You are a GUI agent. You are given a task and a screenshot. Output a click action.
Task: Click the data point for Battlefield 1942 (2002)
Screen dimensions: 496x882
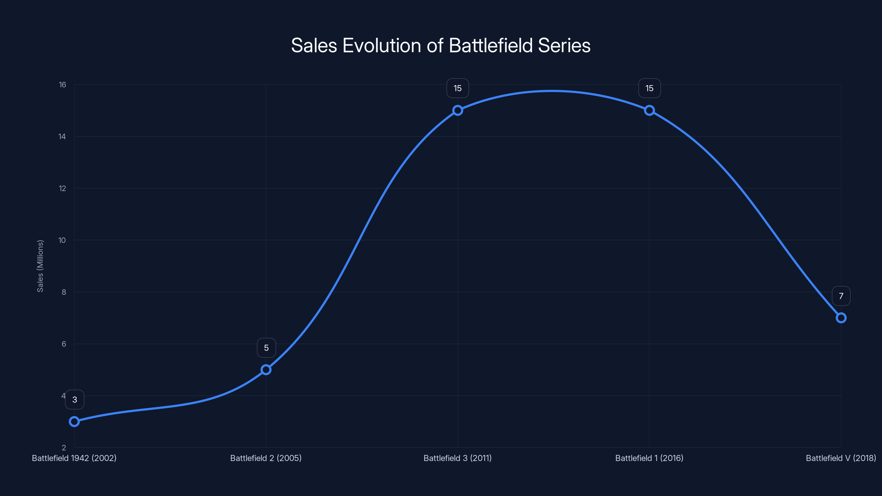click(x=74, y=421)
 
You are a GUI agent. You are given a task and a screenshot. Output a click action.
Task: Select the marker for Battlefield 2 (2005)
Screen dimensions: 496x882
click(x=266, y=370)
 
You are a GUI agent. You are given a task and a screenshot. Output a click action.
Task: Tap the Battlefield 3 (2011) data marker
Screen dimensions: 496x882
click(x=458, y=110)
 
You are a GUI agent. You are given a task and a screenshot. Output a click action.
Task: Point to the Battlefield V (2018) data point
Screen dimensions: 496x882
click(x=841, y=318)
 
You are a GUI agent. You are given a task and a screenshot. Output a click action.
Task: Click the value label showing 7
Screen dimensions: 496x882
click(x=841, y=296)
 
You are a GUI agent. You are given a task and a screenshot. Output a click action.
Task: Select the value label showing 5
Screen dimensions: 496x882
click(x=266, y=348)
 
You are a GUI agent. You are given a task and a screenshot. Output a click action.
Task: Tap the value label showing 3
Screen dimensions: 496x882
click(x=75, y=400)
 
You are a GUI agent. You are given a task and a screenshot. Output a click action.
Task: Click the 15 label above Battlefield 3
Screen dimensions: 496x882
click(x=458, y=88)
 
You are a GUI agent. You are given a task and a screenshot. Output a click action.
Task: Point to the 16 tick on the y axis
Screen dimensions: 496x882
click(x=62, y=85)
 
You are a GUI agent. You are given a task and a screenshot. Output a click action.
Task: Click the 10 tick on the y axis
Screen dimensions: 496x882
click(x=62, y=240)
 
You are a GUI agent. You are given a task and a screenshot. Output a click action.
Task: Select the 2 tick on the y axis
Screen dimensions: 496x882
click(x=64, y=448)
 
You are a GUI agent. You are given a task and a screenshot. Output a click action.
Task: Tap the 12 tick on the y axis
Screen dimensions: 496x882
click(x=62, y=188)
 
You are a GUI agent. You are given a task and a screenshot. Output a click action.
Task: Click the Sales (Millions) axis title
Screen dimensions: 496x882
click(x=40, y=266)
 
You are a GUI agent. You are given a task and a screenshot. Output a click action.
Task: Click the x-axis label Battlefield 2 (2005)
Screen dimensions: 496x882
click(x=266, y=458)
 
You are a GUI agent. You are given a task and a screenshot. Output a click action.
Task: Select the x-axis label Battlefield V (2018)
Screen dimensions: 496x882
click(x=841, y=458)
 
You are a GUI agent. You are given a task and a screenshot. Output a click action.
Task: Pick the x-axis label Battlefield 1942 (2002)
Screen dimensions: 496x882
click(x=74, y=458)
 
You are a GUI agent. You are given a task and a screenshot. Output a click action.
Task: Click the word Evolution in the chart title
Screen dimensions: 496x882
click(x=382, y=45)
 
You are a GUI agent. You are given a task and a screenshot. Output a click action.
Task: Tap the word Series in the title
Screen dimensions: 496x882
click(x=564, y=45)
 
